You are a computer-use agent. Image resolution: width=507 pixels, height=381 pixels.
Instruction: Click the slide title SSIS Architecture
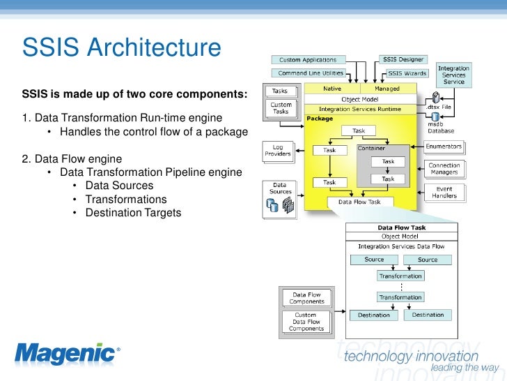click(122, 49)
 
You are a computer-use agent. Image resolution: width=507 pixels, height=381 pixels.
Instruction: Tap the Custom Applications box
click(307, 60)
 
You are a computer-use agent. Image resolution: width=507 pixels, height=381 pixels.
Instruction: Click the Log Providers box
click(278, 151)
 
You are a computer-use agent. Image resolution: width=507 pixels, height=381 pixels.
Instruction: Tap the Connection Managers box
click(444, 170)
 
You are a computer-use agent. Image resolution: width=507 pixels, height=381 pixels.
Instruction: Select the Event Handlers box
click(444, 192)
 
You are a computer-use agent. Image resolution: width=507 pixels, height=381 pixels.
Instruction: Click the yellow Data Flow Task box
click(360, 202)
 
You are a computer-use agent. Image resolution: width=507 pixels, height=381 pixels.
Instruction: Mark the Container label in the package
click(371, 149)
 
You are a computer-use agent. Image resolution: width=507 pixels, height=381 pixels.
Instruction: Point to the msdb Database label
click(440, 127)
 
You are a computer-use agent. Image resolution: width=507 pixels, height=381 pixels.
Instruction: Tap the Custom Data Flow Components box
click(306, 322)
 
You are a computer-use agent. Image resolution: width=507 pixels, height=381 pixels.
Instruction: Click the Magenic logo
click(66, 354)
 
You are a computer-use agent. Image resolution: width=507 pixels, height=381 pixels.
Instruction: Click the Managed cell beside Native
click(387, 89)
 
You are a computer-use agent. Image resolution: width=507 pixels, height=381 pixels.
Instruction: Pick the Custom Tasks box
click(281, 108)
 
